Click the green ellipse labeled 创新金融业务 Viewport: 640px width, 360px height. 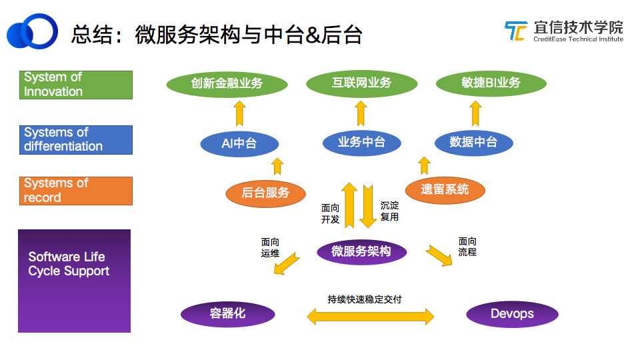[x=227, y=84]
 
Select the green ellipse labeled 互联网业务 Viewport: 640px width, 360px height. [x=361, y=83]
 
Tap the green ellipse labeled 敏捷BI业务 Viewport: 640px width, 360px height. [x=491, y=83]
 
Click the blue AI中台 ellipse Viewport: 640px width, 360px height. [x=239, y=143]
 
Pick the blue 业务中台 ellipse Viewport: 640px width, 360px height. [x=361, y=142]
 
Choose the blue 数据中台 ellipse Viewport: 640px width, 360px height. [x=473, y=142]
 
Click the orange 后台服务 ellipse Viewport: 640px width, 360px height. [x=265, y=193]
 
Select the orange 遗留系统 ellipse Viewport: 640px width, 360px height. [x=445, y=189]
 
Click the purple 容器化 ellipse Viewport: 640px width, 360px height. [x=227, y=314]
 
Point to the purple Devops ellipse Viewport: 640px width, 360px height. [x=512, y=314]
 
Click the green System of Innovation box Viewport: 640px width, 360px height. [x=76, y=85]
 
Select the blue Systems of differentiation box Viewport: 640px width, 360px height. [x=76, y=139]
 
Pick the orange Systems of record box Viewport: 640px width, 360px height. [x=76, y=191]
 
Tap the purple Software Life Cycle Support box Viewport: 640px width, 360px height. [x=74, y=281]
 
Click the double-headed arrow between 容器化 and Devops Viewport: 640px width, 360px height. [x=370, y=315]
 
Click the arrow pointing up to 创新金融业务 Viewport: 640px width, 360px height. [x=239, y=114]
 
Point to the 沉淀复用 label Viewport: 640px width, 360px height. [x=389, y=211]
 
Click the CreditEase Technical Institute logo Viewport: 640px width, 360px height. [x=563, y=31]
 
